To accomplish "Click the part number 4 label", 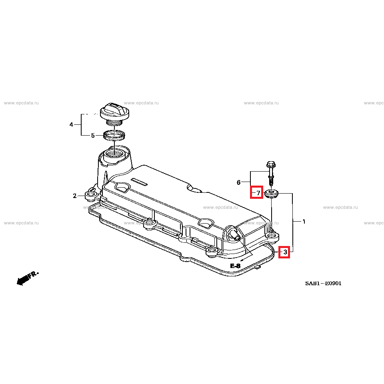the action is pos(71,125).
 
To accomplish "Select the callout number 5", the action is pos(93,136).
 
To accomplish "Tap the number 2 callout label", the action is pos(74,196).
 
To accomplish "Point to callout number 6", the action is pos(238,183).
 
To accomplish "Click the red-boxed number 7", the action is pos(256,193).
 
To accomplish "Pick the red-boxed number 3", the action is pos(284,252).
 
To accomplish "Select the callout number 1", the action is pos(304,222).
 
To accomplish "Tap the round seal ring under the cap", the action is pos(114,135).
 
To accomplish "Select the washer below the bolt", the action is pos(272,194).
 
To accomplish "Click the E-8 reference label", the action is pos(235,266).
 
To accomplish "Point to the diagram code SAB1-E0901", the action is pos(323,284).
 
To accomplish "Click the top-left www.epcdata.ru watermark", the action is pos(21,103).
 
